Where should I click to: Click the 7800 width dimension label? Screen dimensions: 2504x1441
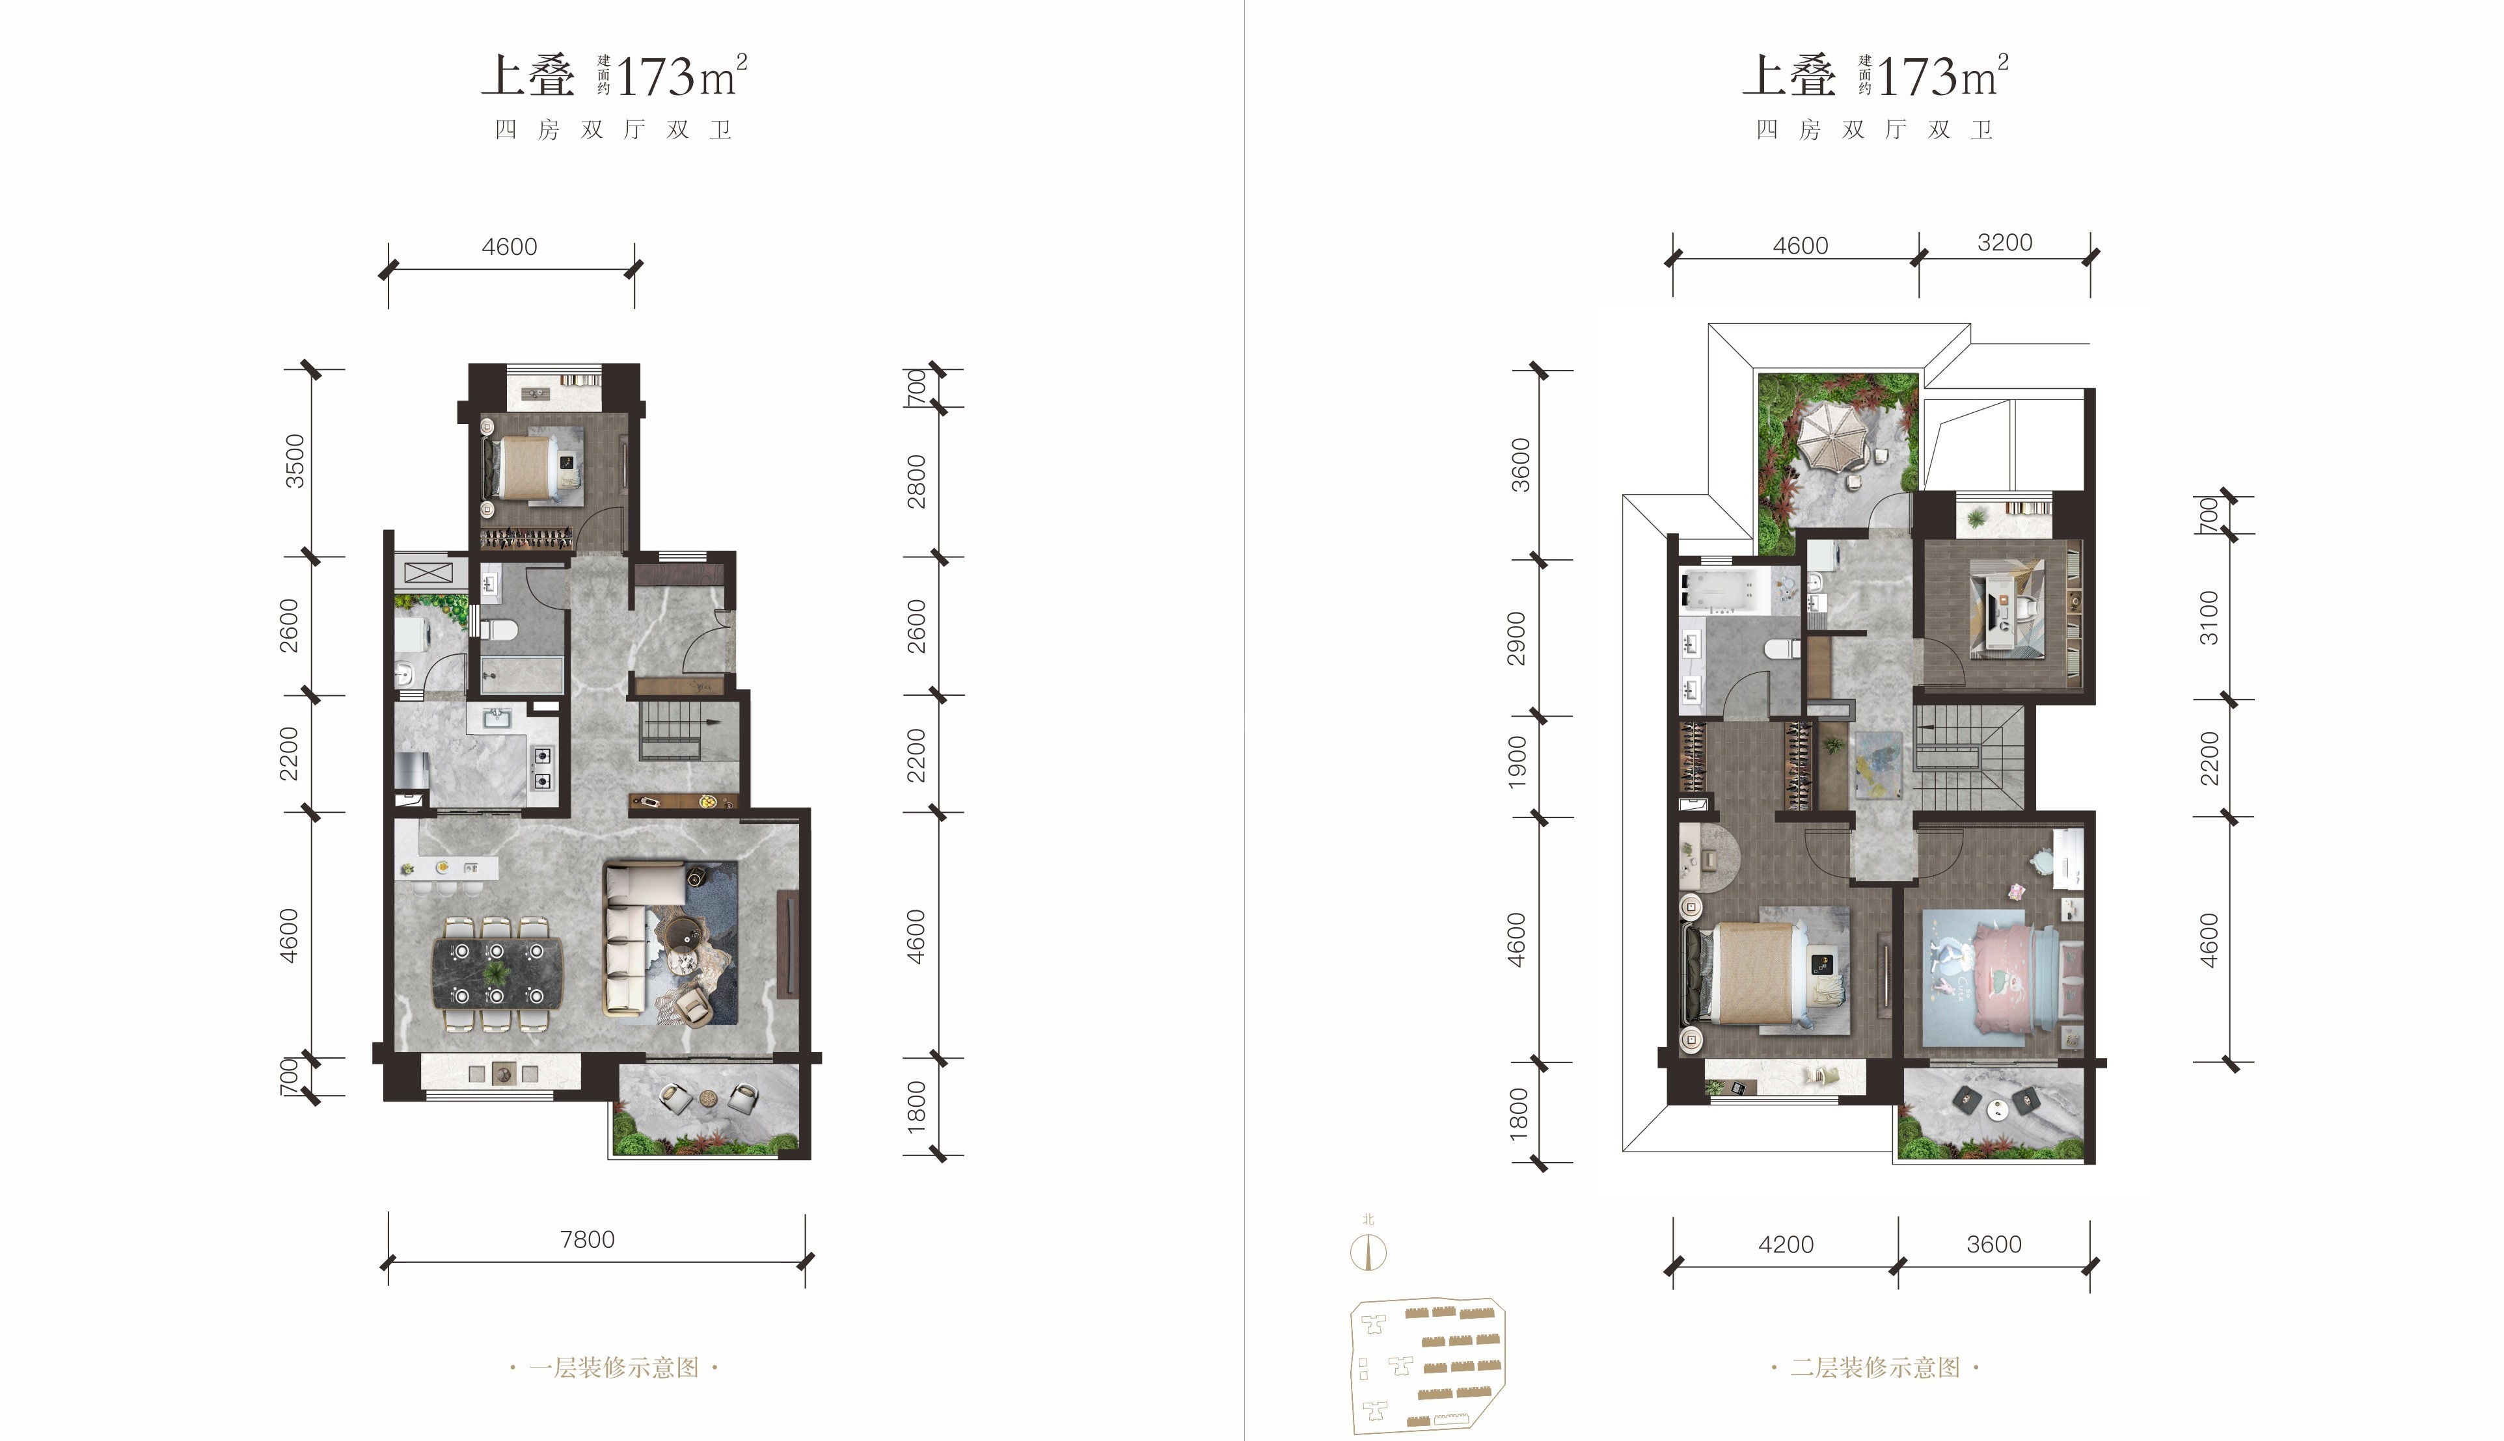click(587, 1239)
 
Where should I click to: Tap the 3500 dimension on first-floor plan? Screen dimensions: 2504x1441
click(295, 461)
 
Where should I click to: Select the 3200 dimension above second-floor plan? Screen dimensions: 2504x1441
click(2004, 243)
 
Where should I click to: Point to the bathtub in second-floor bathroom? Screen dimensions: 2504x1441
click(1724, 591)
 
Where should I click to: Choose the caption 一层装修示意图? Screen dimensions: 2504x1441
click(614, 1368)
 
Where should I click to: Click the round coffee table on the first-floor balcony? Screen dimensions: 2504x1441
click(708, 1098)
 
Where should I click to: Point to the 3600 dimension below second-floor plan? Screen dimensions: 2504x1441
click(1993, 1244)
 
